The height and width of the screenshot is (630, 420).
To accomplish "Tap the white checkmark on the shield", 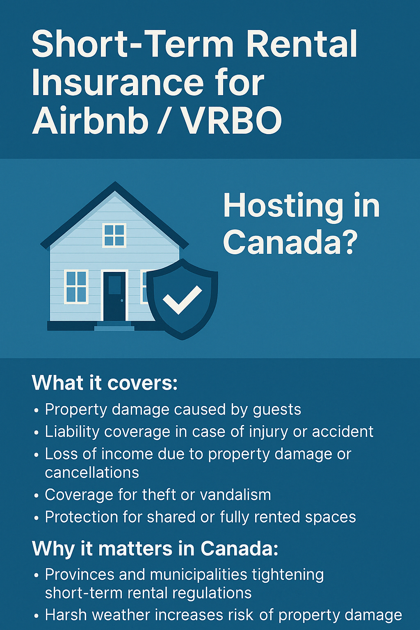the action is pos(182,300).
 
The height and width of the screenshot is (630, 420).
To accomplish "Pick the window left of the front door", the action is pos(76,286).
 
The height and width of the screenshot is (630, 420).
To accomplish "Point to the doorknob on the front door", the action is pos(121,300).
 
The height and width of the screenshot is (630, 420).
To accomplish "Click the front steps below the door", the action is pos(114,326).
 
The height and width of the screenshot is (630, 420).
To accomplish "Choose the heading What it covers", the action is pos(105,383).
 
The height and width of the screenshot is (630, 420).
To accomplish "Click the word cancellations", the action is pos(92,473).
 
